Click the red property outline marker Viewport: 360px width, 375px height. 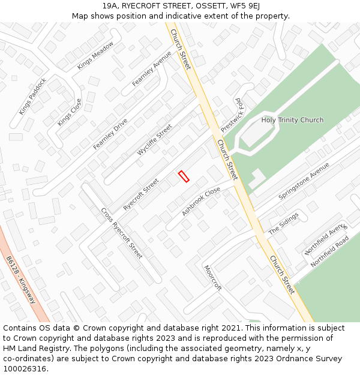184,176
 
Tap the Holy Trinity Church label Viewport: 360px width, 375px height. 292,120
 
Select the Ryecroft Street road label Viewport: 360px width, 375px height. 141,194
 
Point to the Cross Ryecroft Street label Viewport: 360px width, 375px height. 121,233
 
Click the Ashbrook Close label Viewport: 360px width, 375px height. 201,202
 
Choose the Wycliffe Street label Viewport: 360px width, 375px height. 155,140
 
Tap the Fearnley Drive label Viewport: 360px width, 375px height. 110,134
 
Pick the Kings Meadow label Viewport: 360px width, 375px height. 95,56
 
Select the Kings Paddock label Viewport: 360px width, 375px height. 32,96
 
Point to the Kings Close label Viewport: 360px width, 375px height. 69,112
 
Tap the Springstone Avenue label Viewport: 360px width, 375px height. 304,181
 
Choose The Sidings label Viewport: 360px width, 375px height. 283,223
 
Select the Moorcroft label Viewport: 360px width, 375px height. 212,278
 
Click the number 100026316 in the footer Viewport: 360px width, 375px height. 25,369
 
